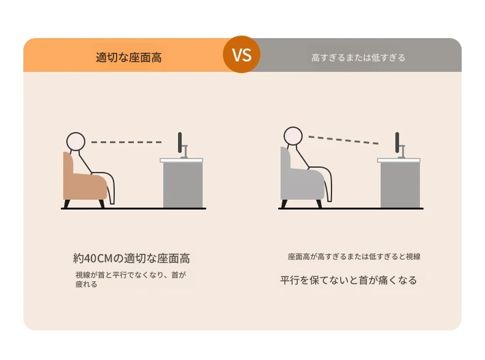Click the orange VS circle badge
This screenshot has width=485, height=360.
[x=241, y=55]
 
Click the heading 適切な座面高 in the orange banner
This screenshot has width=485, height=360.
[x=129, y=58]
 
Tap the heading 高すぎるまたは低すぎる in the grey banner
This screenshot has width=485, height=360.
[x=358, y=58]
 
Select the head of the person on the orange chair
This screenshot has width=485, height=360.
[x=76, y=141]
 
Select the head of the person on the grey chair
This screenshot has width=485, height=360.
[x=293, y=136]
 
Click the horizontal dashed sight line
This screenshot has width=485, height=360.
[x=126, y=142]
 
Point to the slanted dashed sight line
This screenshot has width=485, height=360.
[x=344, y=140]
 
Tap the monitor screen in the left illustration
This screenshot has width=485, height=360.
[x=180, y=143]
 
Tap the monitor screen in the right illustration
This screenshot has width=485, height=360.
[x=397, y=143]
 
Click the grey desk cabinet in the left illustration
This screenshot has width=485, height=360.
[x=183, y=185]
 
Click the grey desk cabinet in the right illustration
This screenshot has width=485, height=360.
[x=400, y=185]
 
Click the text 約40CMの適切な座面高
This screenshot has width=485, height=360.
[x=131, y=258]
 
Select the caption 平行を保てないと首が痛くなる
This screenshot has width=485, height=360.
[x=349, y=280]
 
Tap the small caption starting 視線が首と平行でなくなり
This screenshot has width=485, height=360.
[x=131, y=279]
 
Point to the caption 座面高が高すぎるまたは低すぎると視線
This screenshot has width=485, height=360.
[x=354, y=257]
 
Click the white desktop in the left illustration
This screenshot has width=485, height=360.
[x=182, y=160]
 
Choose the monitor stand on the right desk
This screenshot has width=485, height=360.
[x=402, y=152]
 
